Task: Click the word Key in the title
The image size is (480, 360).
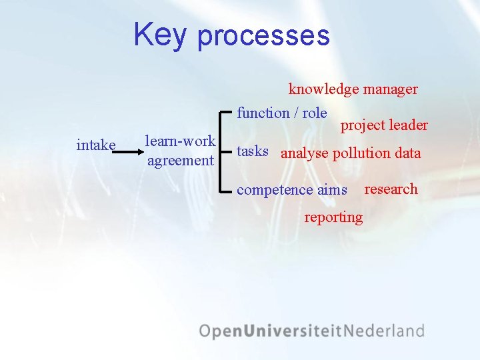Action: tap(159, 35)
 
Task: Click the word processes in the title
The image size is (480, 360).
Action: tap(263, 36)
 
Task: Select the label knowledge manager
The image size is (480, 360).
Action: tap(353, 89)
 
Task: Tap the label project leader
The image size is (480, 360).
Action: tap(384, 125)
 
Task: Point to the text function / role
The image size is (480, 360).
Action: tap(282, 113)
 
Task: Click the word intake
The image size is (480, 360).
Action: tap(97, 145)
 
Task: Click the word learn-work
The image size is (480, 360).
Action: tap(180, 141)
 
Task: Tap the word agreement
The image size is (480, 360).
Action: tap(180, 161)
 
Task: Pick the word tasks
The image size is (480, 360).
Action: tap(253, 151)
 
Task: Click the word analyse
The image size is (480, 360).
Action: tap(305, 153)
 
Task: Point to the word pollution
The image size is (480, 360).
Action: tap(361, 153)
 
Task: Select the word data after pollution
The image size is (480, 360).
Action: tap(407, 153)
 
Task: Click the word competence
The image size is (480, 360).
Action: tap(275, 190)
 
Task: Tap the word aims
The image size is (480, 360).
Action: tap(332, 190)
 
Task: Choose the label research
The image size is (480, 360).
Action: tap(391, 189)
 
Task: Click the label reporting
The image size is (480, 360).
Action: tap(333, 217)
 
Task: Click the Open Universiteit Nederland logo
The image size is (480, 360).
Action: tap(311, 331)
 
